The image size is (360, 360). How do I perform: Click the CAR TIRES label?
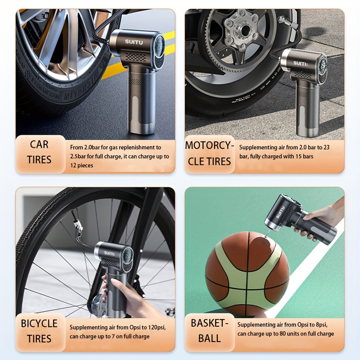[39, 152]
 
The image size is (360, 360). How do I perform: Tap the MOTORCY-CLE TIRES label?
[209, 154]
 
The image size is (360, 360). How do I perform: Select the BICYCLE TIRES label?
[39, 331]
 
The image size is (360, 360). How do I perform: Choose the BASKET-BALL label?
[209, 330]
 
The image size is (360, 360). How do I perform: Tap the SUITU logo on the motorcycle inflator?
[300, 63]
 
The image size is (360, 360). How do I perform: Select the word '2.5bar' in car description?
[78, 156]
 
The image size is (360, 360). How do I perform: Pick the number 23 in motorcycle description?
[326, 147]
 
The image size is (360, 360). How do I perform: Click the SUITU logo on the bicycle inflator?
[109, 253]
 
